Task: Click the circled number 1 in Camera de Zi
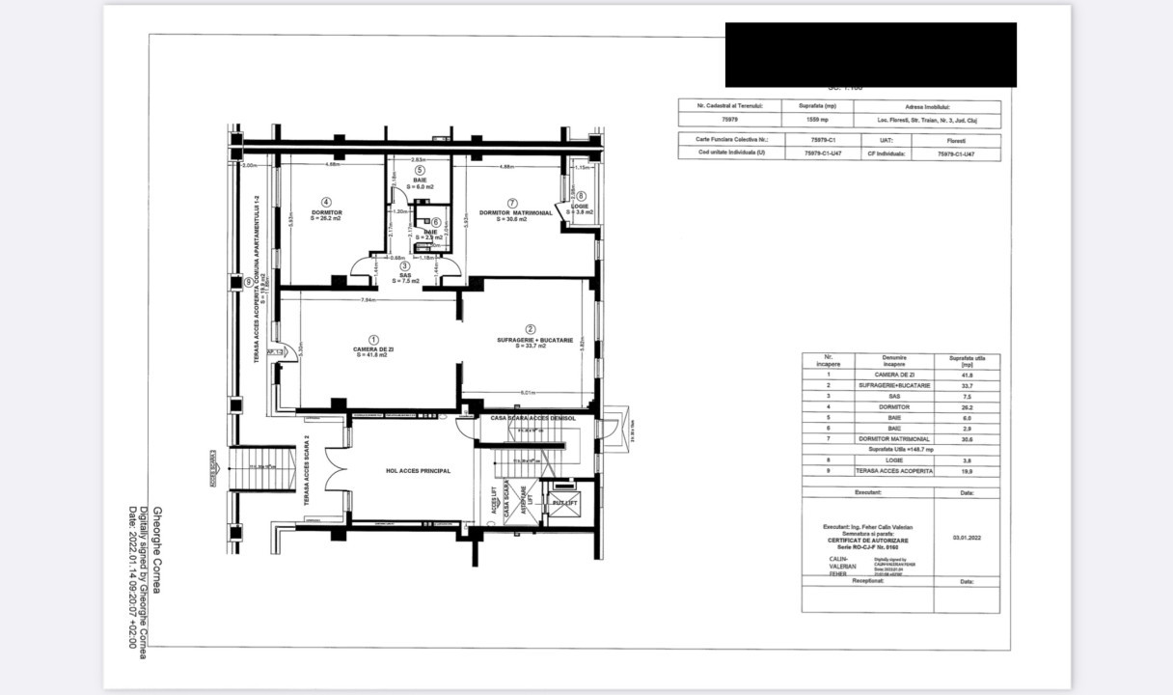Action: click(x=373, y=340)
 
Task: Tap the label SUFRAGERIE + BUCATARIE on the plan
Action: click(x=534, y=340)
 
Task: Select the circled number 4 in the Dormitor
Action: click(x=326, y=202)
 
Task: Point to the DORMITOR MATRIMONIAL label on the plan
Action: click(x=516, y=212)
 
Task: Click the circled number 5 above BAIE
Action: click(x=420, y=171)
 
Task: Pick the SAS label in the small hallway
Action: click(x=405, y=274)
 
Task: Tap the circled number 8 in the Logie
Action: click(x=580, y=196)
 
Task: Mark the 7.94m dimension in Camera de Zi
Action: click(x=368, y=299)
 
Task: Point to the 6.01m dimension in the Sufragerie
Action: click(x=529, y=393)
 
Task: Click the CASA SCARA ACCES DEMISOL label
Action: click(x=533, y=418)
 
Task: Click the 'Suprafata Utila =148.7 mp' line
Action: click(x=900, y=450)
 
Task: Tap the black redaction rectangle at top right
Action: click(x=870, y=54)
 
